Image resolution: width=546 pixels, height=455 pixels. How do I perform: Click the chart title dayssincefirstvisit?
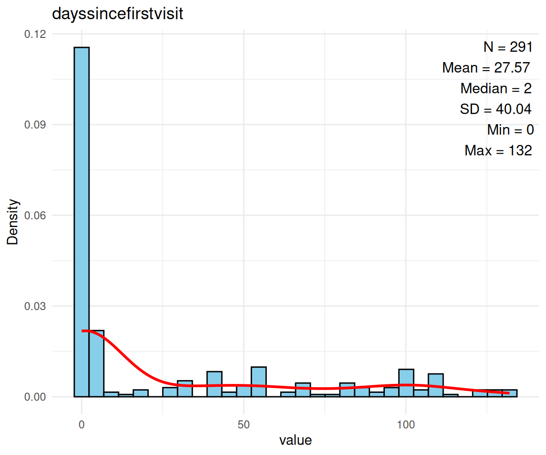click(x=117, y=15)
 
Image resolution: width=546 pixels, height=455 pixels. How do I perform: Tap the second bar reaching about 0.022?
click(x=96, y=363)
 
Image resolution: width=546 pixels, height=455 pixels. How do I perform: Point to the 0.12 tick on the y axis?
click(x=38, y=34)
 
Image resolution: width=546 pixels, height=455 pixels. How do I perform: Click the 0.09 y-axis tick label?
click(x=38, y=125)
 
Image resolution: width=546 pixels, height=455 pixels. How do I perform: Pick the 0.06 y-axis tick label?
click(x=38, y=216)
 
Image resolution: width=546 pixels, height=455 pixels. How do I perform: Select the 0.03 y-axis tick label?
click(x=38, y=306)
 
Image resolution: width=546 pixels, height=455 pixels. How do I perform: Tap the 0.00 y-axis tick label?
click(x=38, y=397)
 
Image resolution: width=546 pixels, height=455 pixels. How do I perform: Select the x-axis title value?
click(x=296, y=440)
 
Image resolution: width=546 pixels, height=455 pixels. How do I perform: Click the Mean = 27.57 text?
click(x=486, y=68)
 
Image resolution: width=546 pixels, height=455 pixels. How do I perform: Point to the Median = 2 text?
click(x=496, y=89)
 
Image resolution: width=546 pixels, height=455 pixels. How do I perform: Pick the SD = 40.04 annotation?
click(x=495, y=109)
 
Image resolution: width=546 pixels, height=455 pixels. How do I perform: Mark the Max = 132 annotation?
click(x=498, y=151)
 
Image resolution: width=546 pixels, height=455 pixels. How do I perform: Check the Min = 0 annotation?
click(x=510, y=130)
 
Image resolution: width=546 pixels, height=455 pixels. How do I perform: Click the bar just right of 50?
click(x=258, y=382)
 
